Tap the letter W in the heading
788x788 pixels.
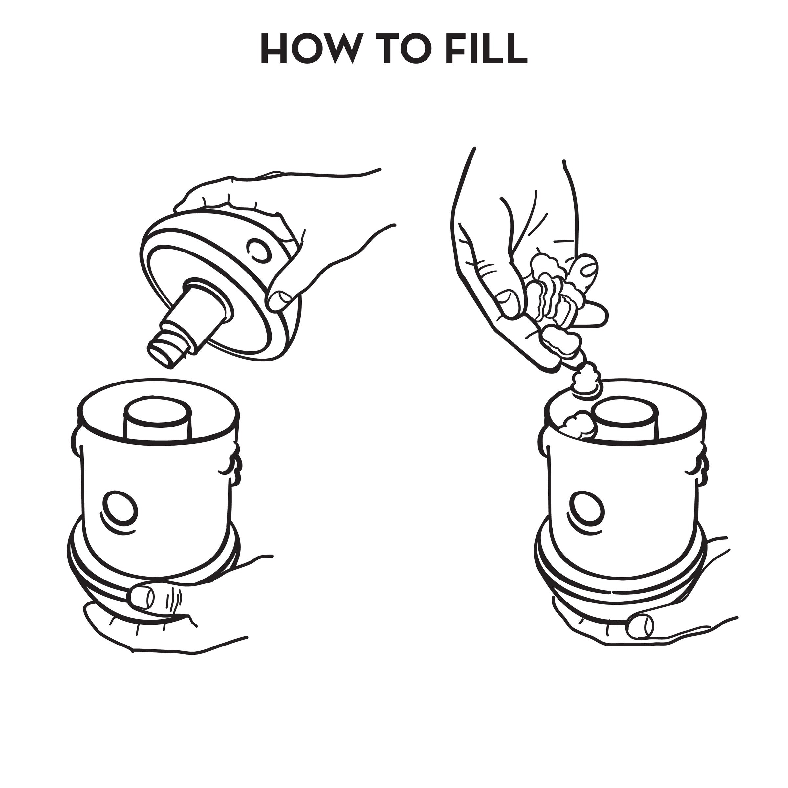[x=340, y=49]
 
